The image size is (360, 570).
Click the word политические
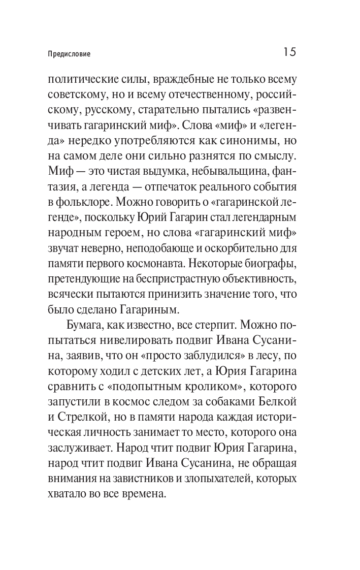coord(80,80)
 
